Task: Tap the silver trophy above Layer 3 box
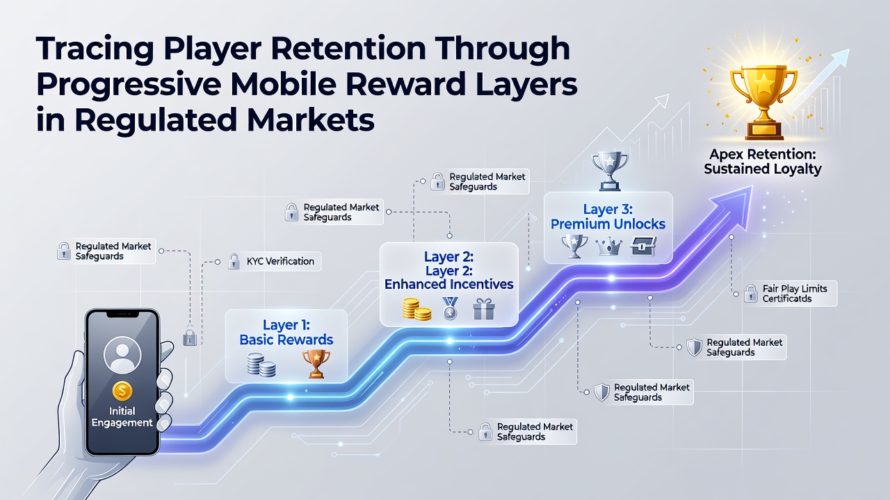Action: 610,171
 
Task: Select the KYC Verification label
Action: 280,262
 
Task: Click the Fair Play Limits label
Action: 795,293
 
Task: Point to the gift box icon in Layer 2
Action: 484,309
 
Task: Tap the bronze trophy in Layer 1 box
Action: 316,363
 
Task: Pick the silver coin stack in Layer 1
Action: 261,365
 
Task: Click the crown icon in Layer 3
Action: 608,246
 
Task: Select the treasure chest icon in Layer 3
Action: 643,246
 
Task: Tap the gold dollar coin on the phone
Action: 122,391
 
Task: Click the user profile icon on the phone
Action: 122,355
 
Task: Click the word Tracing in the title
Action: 95,49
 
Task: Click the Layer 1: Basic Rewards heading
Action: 286,332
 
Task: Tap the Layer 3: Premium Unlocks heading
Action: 608,217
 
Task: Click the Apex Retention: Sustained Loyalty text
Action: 763,162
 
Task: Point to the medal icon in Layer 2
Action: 450,309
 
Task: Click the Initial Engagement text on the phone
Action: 122,417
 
